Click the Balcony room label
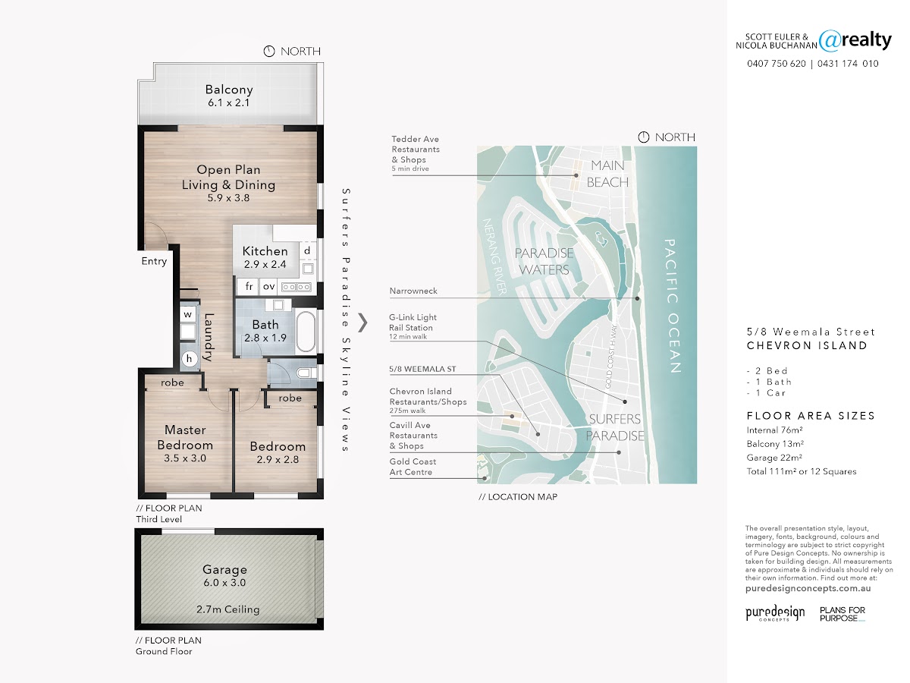click(x=229, y=90)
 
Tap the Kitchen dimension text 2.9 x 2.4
click(x=265, y=264)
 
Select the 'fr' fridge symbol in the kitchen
click(x=249, y=286)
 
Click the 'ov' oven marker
click(x=269, y=286)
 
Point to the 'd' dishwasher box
click(x=307, y=250)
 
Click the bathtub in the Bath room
click(x=306, y=332)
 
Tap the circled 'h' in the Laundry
click(x=190, y=359)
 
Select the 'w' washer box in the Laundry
click(x=188, y=314)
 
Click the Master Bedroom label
click(x=185, y=437)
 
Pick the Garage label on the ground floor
click(x=224, y=569)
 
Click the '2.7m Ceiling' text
click(x=228, y=609)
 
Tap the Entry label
click(x=154, y=261)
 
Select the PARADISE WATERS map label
click(x=544, y=261)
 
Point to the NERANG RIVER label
click(x=494, y=257)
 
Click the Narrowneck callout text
click(x=413, y=291)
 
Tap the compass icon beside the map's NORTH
click(x=643, y=137)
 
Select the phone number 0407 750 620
click(x=777, y=64)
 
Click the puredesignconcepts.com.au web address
click(x=808, y=588)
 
